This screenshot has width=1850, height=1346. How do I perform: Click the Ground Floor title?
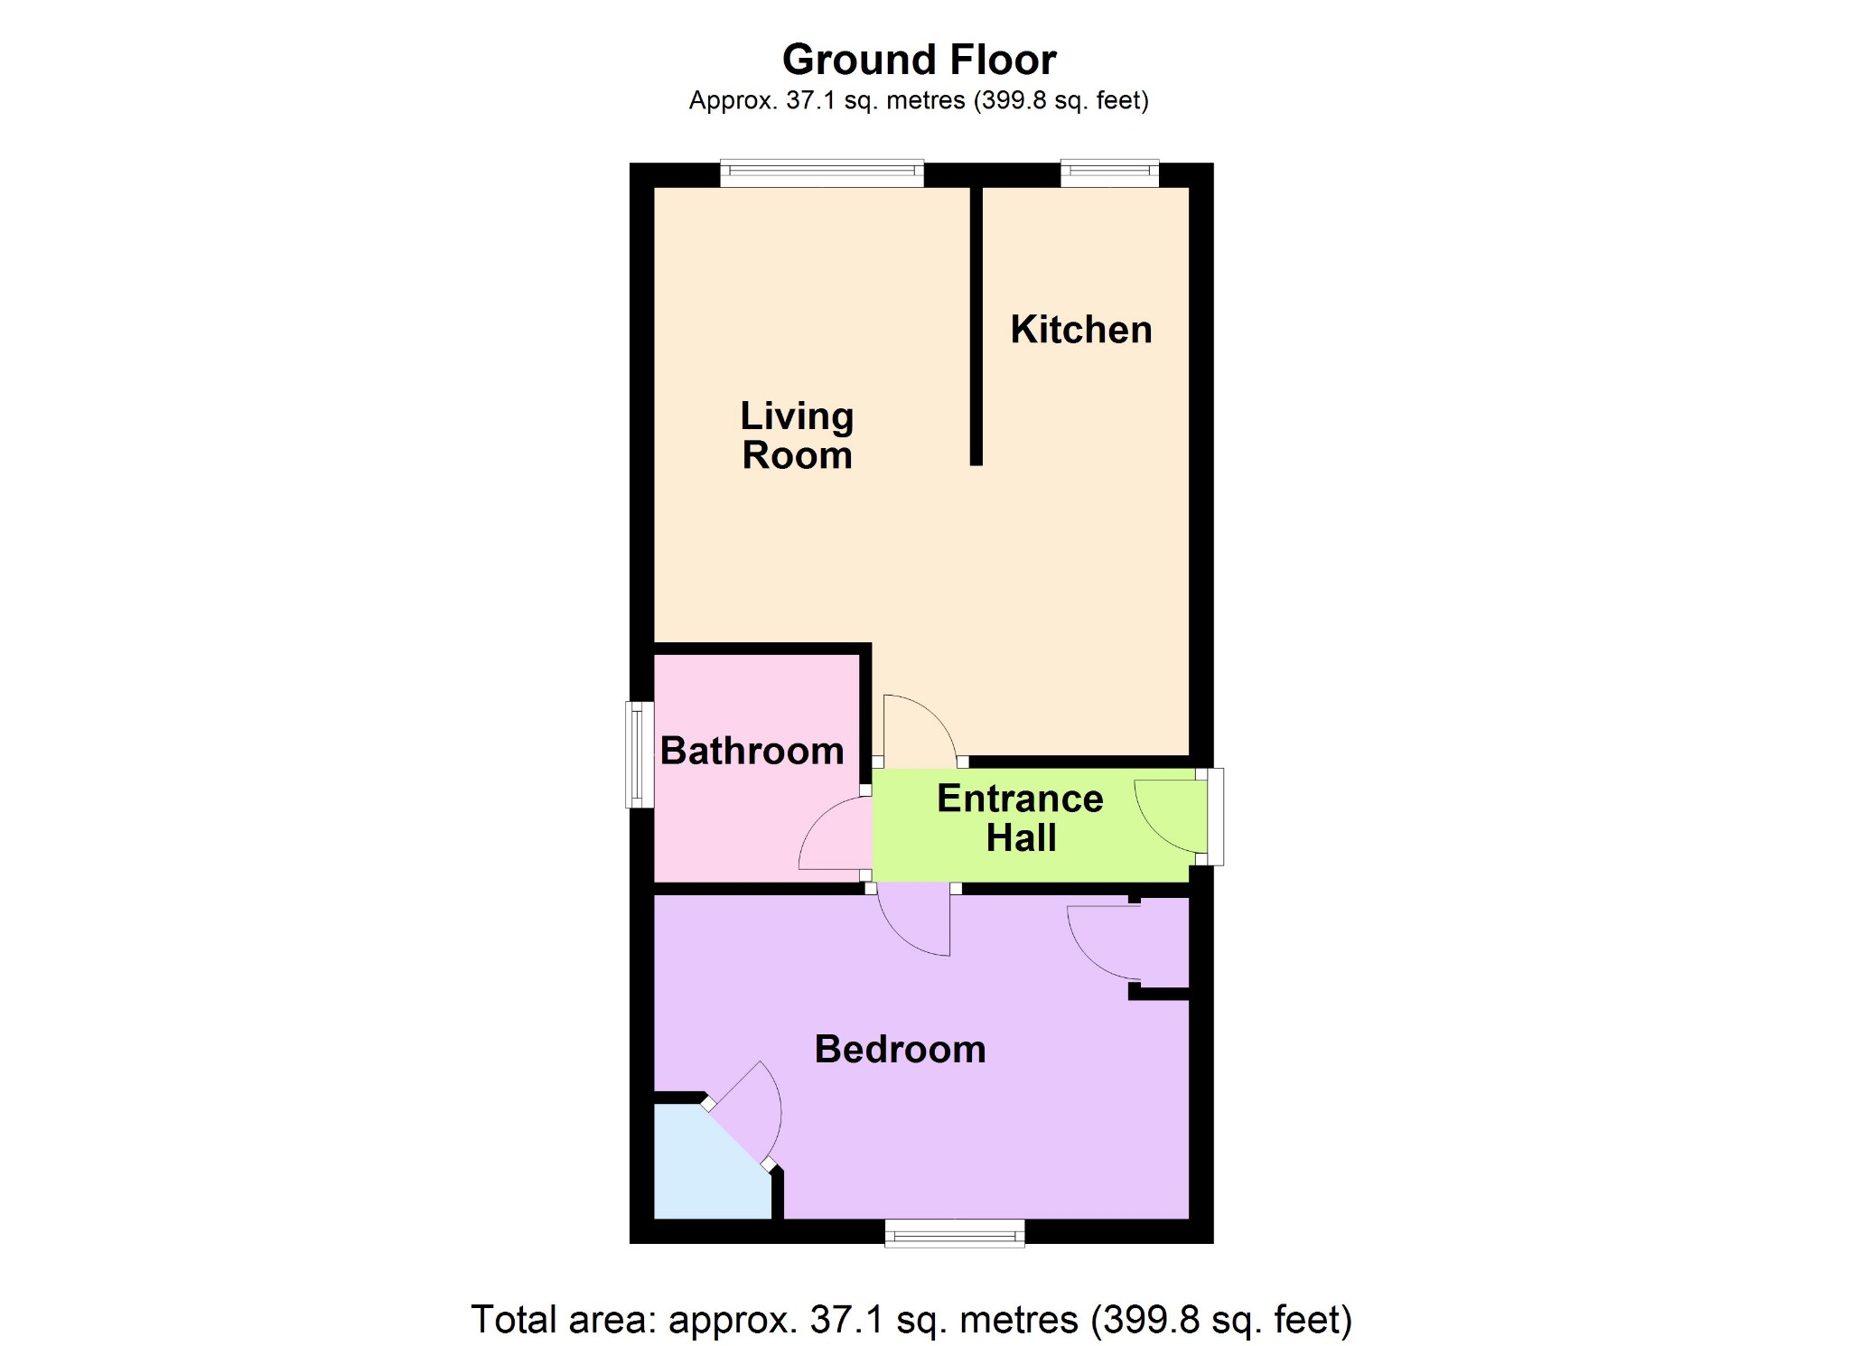tap(919, 61)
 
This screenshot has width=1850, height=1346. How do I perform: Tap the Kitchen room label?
tap(1081, 330)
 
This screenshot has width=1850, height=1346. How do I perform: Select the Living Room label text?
tap(797, 435)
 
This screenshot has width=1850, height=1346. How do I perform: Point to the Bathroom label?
tap(752, 751)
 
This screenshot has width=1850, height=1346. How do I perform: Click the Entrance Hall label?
tap(1021, 818)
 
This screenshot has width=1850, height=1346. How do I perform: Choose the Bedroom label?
tap(900, 1049)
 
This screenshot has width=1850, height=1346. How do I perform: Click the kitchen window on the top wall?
tap(1109, 173)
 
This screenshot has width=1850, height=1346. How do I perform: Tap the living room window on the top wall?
tap(822, 173)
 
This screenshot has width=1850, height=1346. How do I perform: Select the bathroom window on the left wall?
tap(640, 754)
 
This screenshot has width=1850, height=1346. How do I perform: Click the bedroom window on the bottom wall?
tap(955, 1232)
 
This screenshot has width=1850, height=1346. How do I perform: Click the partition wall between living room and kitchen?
tap(976, 325)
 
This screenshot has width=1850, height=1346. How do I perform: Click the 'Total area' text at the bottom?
tap(911, 1320)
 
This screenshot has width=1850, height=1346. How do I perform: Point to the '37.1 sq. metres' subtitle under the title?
tap(919, 100)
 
